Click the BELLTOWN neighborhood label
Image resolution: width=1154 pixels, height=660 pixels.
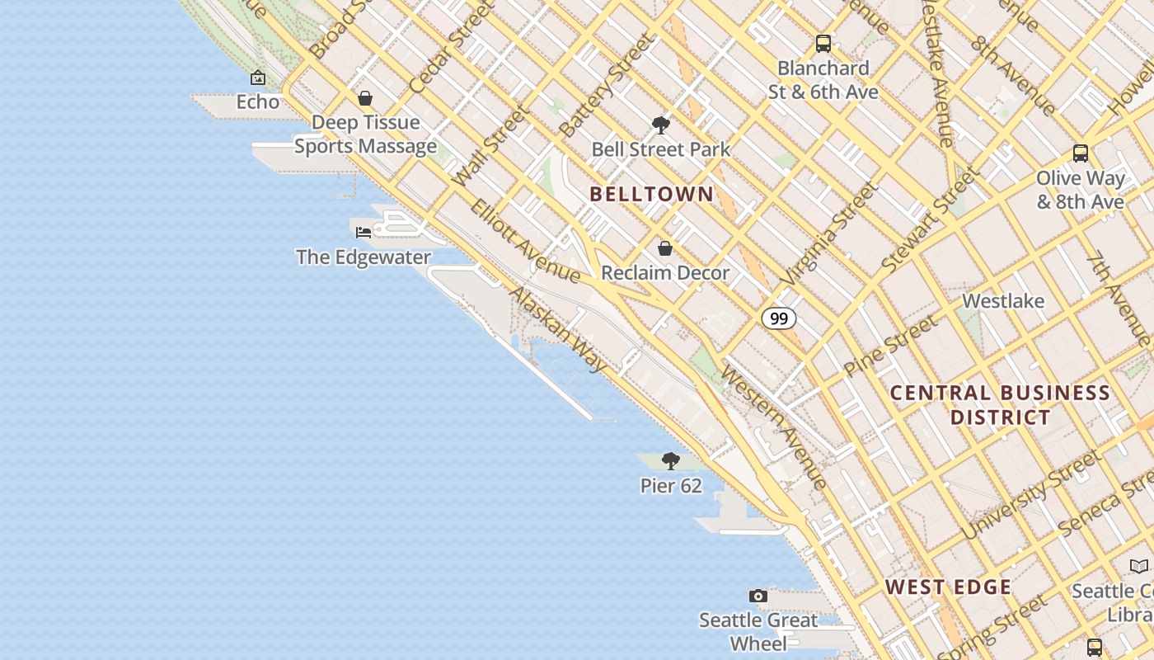(x=651, y=195)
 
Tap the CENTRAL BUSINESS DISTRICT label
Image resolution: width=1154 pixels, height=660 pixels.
(x=1000, y=405)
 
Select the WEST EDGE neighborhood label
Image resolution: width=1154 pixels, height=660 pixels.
(x=948, y=587)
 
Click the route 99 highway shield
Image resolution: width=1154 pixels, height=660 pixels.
(x=778, y=318)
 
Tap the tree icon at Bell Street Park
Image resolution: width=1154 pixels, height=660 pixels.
(x=660, y=125)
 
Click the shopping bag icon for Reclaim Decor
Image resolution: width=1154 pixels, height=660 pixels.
(x=665, y=248)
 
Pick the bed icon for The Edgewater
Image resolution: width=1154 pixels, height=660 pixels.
(x=364, y=233)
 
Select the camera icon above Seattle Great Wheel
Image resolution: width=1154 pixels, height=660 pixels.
(x=758, y=596)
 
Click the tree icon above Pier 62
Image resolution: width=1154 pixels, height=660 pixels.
(x=671, y=461)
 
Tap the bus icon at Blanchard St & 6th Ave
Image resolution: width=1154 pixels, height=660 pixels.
(x=823, y=44)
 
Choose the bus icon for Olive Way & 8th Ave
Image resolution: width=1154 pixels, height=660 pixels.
(x=1080, y=153)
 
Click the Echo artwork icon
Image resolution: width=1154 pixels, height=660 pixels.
(x=258, y=78)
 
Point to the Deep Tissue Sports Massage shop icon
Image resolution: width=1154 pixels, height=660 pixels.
(x=365, y=99)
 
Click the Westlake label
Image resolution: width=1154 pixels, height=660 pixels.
(x=1003, y=301)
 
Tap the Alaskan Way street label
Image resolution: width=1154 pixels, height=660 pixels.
(x=558, y=330)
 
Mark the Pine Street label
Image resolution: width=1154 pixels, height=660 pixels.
(x=890, y=345)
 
